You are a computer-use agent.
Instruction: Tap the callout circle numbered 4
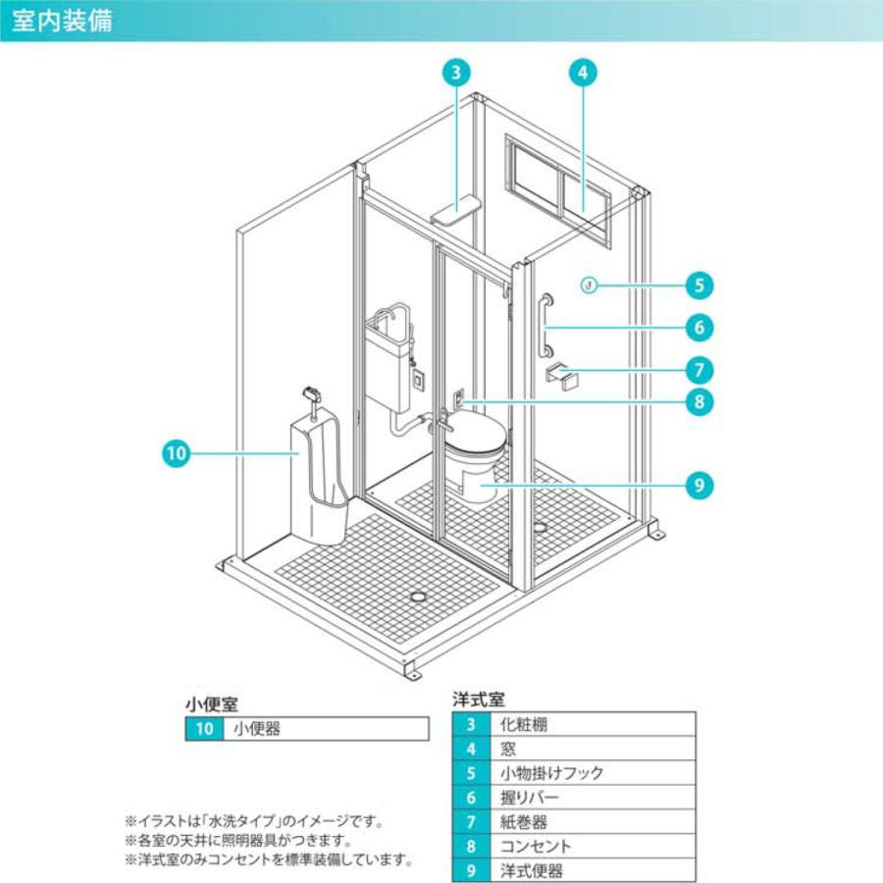click(583, 72)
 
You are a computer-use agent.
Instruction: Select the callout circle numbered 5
click(699, 286)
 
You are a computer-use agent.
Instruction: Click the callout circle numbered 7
click(699, 370)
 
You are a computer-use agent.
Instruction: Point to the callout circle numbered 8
click(699, 400)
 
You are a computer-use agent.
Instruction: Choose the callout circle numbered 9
click(699, 485)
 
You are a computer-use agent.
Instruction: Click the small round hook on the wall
click(588, 286)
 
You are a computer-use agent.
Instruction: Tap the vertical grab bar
click(545, 326)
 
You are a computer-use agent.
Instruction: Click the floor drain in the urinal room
click(418, 596)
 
